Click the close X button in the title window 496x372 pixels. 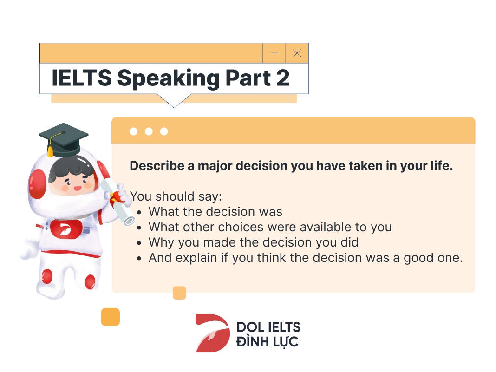click(297, 53)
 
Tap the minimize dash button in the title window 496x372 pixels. click(274, 53)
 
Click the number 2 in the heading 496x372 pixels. click(283, 78)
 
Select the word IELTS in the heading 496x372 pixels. click(82, 78)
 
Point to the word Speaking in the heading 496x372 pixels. click(168, 79)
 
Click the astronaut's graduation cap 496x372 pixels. click(63, 139)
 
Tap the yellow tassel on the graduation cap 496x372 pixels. click(50, 150)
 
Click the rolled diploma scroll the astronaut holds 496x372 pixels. click(119, 202)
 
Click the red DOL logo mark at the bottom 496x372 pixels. click(213, 333)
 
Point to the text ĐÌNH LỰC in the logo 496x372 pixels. click(268, 342)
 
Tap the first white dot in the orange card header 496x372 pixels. click(133, 131)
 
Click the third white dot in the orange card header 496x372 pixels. click(164, 131)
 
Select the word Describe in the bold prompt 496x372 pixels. click(157, 166)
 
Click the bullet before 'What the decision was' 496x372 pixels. click(139, 213)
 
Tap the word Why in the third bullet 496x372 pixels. click(161, 243)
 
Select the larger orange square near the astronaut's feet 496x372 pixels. click(111, 317)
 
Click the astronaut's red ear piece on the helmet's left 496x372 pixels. click(37, 184)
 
